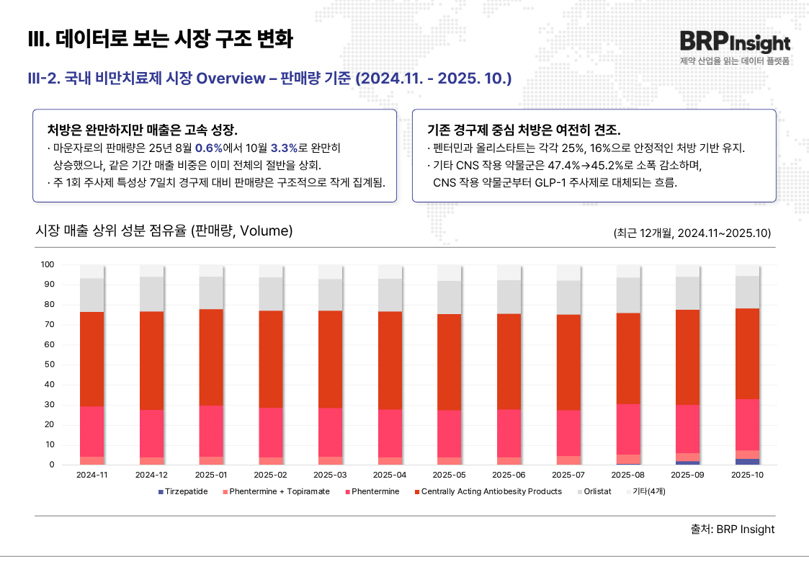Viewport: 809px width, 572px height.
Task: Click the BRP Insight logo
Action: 734,43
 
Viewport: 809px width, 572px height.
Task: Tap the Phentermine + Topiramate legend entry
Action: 279,491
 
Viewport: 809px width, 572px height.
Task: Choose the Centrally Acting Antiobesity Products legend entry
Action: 491,491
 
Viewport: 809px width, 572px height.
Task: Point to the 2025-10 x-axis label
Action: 747,475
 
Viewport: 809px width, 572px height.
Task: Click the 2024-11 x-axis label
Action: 91,475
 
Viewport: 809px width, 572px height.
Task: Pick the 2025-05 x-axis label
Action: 449,475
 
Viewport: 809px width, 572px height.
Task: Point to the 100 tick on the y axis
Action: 48,264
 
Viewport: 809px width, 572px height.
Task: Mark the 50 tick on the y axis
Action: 50,365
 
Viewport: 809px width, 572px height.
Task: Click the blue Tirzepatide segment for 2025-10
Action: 747,462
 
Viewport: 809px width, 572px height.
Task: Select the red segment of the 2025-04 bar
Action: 390,360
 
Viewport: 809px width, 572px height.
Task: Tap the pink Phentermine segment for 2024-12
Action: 151,434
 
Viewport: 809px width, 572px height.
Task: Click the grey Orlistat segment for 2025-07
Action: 568,298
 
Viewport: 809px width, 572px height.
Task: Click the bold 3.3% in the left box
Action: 284,148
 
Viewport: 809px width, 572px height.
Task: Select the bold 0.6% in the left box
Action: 208,148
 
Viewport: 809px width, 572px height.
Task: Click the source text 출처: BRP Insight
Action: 732,529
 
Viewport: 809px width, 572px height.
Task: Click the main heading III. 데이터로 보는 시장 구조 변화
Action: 160,39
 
